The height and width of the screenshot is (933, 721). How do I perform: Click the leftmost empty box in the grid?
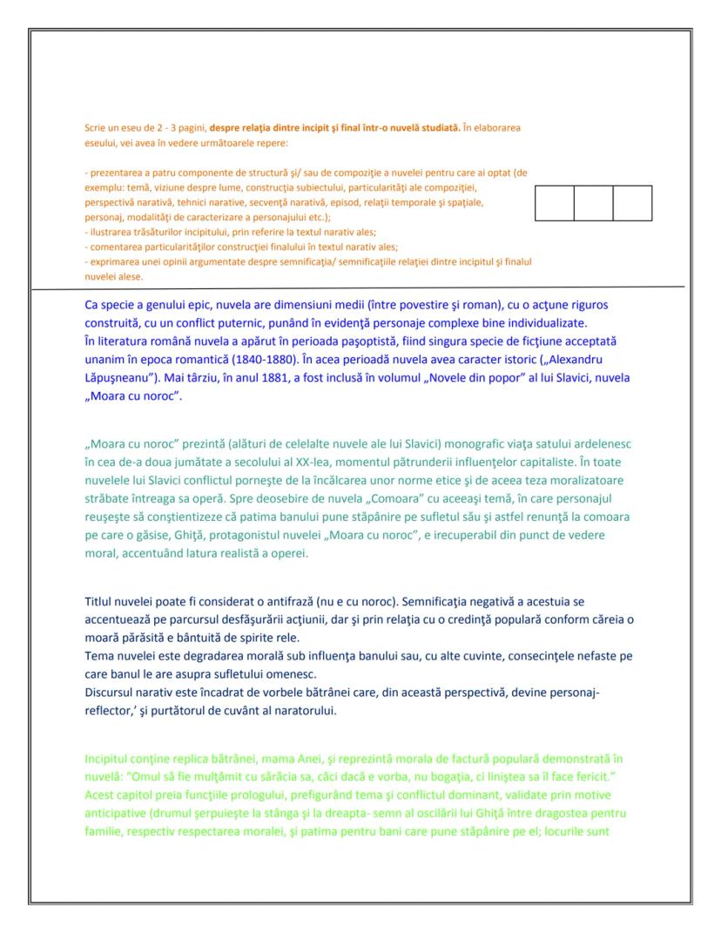point(555,203)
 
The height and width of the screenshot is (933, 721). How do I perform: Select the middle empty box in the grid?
point(594,203)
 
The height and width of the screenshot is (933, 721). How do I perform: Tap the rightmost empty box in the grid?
point(633,203)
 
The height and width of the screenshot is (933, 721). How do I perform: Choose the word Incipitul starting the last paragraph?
point(111,759)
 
